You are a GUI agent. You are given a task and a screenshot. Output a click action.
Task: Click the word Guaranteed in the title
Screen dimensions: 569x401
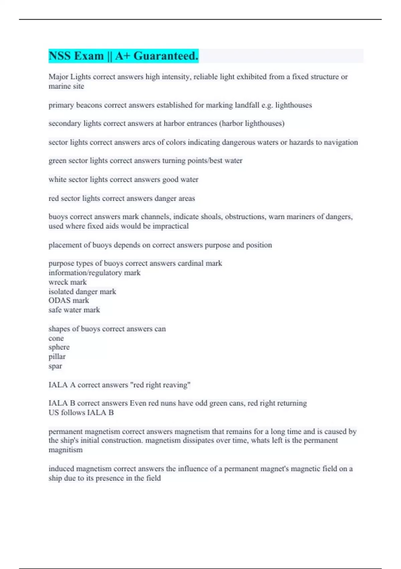click(x=166, y=56)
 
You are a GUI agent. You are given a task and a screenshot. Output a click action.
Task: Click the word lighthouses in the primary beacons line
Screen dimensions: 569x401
click(x=293, y=105)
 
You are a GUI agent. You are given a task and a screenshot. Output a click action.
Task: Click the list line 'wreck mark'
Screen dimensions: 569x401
click(x=68, y=282)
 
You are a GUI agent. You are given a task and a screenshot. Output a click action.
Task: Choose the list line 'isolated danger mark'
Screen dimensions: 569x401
click(x=82, y=292)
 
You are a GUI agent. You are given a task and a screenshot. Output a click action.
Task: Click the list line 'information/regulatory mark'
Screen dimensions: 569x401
click(x=95, y=273)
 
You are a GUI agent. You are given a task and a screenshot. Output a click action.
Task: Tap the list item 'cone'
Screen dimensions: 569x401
click(x=56, y=338)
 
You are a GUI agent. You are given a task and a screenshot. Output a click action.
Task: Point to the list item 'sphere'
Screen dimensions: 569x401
click(x=59, y=347)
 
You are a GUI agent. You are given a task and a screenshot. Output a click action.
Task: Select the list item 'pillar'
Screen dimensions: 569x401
click(x=57, y=357)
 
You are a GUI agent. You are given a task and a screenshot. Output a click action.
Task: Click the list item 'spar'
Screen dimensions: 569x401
click(x=55, y=366)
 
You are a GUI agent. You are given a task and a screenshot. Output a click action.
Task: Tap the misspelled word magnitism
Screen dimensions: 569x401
click(x=65, y=450)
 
